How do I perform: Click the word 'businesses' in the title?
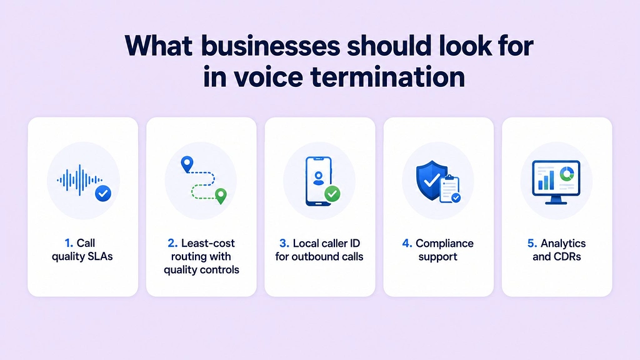coord(271,46)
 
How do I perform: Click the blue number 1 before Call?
coord(69,243)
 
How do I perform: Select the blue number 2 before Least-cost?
coord(172,243)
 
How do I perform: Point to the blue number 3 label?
coord(284,243)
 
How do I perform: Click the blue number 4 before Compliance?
coord(407,243)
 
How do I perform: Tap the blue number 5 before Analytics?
coord(532,243)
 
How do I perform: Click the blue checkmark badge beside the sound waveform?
coord(103,193)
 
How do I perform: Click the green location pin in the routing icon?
coord(221,196)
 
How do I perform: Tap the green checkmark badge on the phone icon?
coord(332,194)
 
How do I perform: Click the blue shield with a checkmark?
coord(431,180)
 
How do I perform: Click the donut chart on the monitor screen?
coord(566,174)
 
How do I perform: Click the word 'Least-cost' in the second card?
coord(207,243)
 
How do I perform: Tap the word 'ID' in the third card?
coord(354,243)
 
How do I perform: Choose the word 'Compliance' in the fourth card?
coord(444,244)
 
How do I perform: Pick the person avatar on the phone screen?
coord(318,178)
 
